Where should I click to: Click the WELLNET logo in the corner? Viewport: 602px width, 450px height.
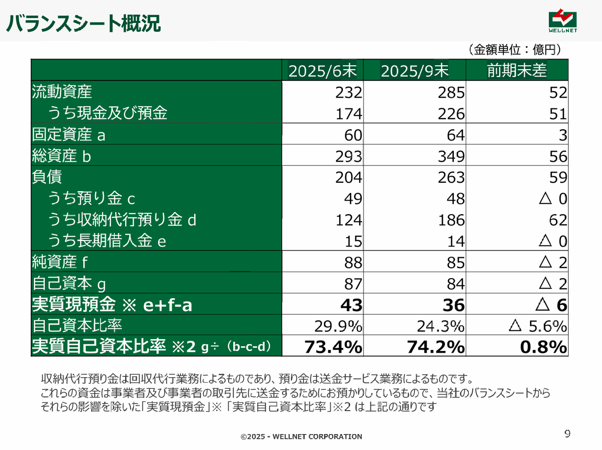click(x=562, y=22)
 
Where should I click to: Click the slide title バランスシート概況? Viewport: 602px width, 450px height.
click(x=84, y=23)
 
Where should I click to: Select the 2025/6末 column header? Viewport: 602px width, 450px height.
click(x=323, y=70)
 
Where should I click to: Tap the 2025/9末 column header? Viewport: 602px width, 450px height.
click(x=415, y=70)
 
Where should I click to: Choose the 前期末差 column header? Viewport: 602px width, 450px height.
click(x=517, y=70)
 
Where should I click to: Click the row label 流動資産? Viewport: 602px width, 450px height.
click(x=62, y=92)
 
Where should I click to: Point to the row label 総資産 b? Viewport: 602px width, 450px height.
click(x=62, y=155)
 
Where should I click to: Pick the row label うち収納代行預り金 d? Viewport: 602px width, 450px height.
click(x=122, y=219)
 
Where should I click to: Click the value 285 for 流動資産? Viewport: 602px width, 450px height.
click(x=451, y=93)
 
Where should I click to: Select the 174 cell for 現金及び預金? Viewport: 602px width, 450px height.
click(x=349, y=114)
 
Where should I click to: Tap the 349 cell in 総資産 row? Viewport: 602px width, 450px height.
click(x=451, y=156)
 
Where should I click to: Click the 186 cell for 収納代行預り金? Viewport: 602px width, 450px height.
click(x=451, y=220)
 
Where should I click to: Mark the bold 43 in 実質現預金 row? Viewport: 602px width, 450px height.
click(x=351, y=305)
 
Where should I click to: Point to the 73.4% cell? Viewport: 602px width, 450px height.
click(x=333, y=347)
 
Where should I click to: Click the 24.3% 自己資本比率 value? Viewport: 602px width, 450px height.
click(x=441, y=326)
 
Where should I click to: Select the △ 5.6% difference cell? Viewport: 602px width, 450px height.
click(x=538, y=326)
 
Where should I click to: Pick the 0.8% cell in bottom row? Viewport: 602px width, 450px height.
click(x=543, y=347)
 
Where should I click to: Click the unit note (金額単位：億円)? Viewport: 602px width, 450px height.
click(x=515, y=49)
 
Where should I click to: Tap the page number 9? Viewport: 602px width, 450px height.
click(x=567, y=434)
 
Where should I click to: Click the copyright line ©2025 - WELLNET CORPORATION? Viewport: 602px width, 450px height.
click(x=301, y=436)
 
